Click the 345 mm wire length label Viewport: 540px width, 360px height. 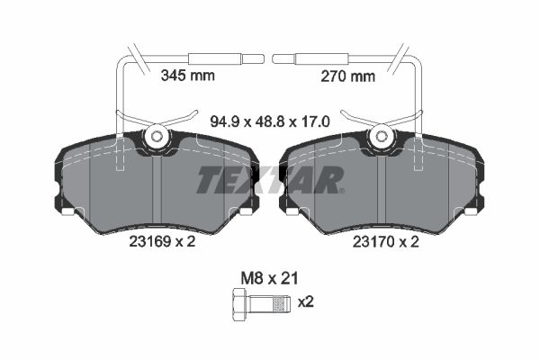point(188,75)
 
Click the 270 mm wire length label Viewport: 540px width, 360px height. point(347,76)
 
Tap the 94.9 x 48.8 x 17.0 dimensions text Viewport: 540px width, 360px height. point(270,121)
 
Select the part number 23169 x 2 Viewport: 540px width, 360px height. point(162,241)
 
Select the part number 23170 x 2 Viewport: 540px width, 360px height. point(386,242)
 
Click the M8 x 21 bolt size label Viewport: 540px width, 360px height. point(269,278)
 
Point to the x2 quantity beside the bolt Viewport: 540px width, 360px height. point(305,302)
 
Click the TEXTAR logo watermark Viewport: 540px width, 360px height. point(270,179)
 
